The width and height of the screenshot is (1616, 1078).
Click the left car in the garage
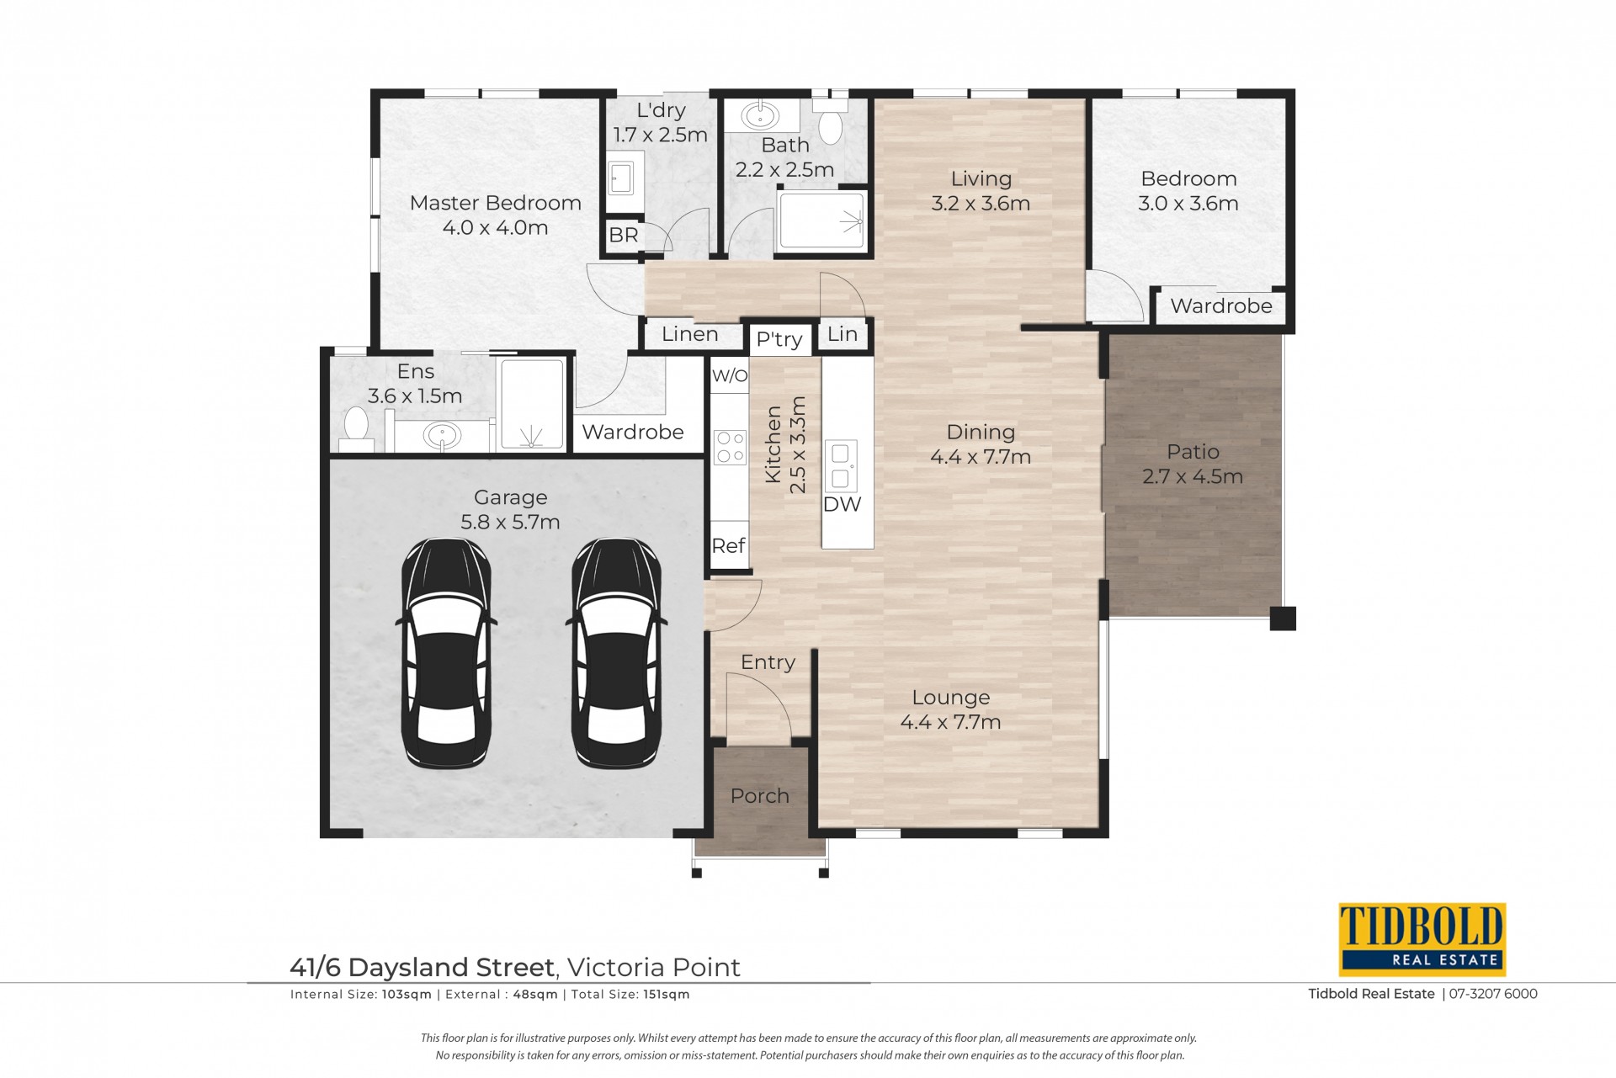point(446,653)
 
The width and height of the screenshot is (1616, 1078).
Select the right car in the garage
point(616,653)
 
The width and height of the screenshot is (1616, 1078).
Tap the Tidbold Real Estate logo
point(1422,939)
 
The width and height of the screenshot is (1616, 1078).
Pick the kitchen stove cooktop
point(730,447)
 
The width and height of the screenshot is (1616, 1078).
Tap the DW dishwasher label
point(843,504)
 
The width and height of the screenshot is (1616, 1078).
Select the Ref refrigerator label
point(729,545)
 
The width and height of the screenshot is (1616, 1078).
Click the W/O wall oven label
point(730,375)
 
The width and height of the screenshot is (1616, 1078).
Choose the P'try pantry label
point(779,339)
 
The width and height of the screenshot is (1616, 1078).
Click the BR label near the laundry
point(624,235)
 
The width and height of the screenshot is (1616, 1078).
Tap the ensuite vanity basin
point(442,436)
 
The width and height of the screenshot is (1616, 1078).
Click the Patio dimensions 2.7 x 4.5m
point(1193,476)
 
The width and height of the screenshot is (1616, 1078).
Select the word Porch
point(760,795)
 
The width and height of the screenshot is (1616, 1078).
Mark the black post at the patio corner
point(1283,619)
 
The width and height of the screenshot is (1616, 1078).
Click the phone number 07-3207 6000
point(1493,994)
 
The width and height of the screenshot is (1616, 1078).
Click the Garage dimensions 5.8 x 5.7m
point(510,522)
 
